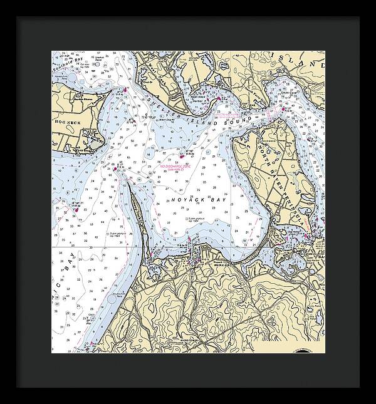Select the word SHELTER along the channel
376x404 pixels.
tap(155, 103)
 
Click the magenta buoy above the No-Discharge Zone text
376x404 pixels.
tap(182, 155)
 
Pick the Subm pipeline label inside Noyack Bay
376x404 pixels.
tap(195, 219)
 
